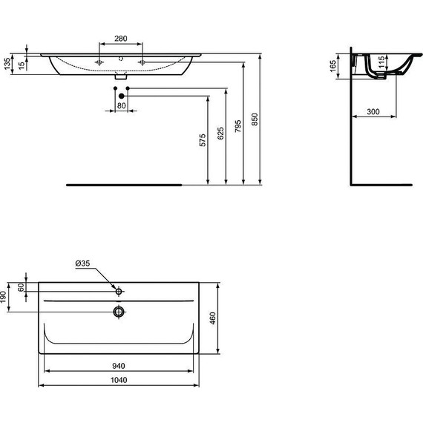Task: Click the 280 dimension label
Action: click(x=124, y=39)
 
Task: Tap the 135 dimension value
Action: click(x=7, y=65)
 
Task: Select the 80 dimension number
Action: click(x=122, y=105)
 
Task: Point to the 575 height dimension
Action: click(x=201, y=141)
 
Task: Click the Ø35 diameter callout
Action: click(x=84, y=263)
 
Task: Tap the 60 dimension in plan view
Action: click(x=22, y=286)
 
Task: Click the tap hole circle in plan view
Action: click(x=118, y=290)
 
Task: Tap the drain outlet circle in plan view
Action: click(x=119, y=311)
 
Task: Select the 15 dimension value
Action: click(x=22, y=65)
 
